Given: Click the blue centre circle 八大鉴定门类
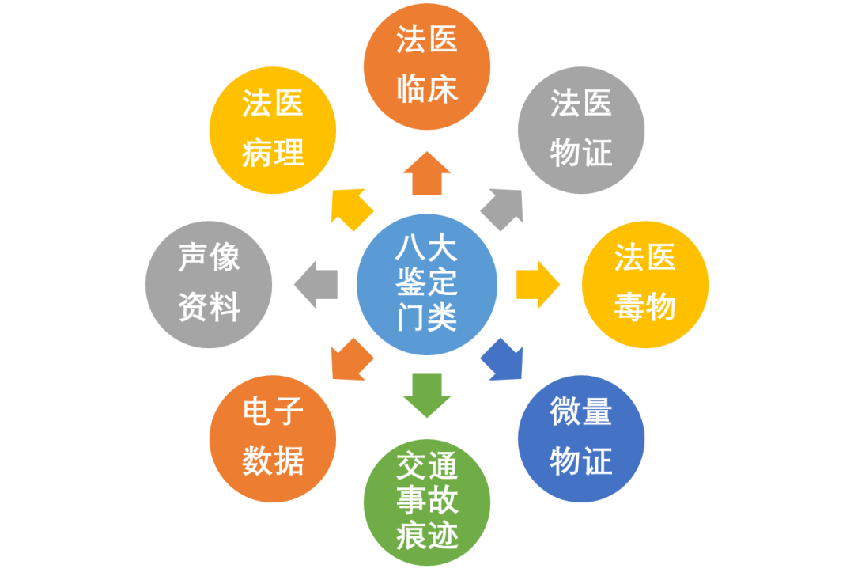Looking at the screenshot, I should [x=427, y=285].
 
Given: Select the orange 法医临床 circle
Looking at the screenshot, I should [x=427, y=66].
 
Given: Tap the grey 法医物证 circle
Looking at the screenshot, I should [x=581, y=129].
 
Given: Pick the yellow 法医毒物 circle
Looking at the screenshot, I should [x=644, y=284].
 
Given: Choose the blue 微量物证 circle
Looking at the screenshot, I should [x=581, y=438].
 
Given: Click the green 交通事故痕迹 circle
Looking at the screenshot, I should [x=427, y=502].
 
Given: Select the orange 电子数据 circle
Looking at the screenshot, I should [x=273, y=438].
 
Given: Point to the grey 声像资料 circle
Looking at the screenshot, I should [x=209, y=284].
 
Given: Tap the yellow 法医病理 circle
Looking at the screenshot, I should [x=273, y=129].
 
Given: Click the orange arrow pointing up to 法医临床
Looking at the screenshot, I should [x=427, y=173].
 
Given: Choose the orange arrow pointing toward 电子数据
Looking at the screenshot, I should [x=350, y=361].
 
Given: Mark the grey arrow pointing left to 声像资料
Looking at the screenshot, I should [x=316, y=284].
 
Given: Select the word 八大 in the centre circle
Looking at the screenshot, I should [x=427, y=251].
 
